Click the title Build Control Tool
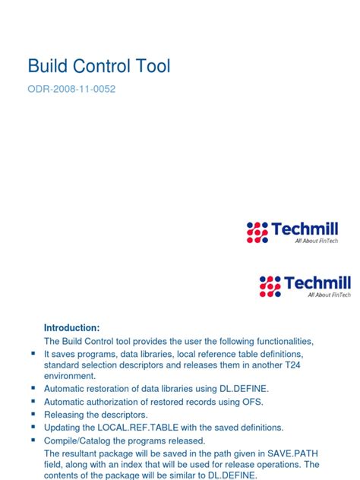[x=99, y=66]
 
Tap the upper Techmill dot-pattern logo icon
[x=257, y=232]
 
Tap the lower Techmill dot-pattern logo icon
[x=270, y=286]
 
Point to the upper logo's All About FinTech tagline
[x=317, y=242]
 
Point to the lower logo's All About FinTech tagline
[x=329, y=295]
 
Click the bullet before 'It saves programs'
[x=33, y=354]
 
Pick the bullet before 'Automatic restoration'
[x=33, y=387]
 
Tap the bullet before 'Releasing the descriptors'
[x=33, y=415]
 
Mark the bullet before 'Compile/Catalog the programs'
[x=33, y=441]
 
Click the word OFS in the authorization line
[x=257, y=401]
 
